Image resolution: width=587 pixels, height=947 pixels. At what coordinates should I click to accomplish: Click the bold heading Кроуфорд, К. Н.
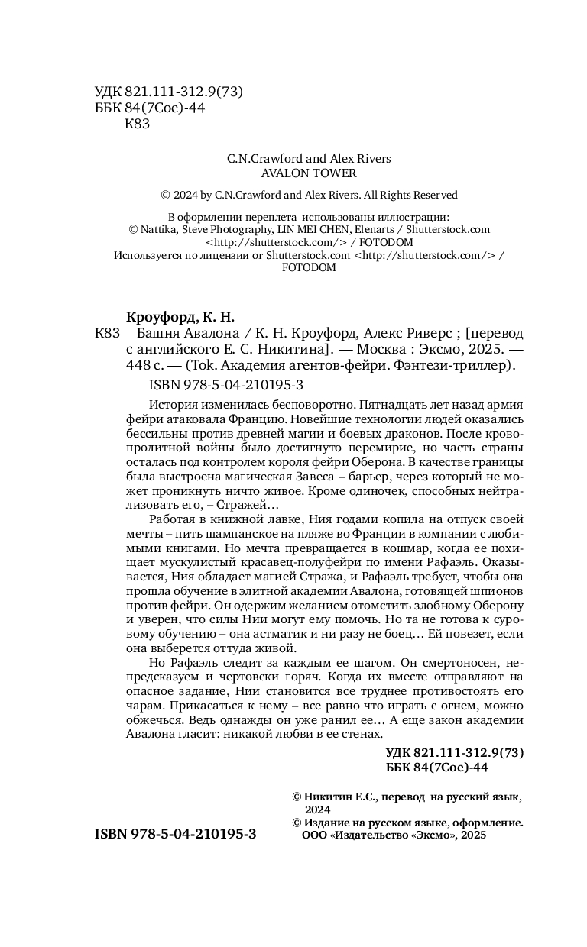pyautogui.click(x=180, y=317)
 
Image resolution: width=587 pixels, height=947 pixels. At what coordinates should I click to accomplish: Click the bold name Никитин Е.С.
pyautogui.click(x=340, y=797)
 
